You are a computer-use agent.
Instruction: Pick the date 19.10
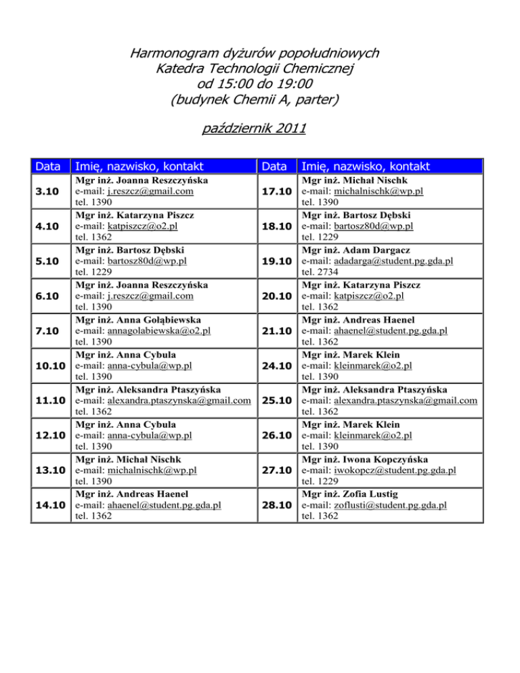coord(276,261)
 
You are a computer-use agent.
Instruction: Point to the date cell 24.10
coord(276,366)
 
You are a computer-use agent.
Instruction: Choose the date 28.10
coord(276,504)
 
